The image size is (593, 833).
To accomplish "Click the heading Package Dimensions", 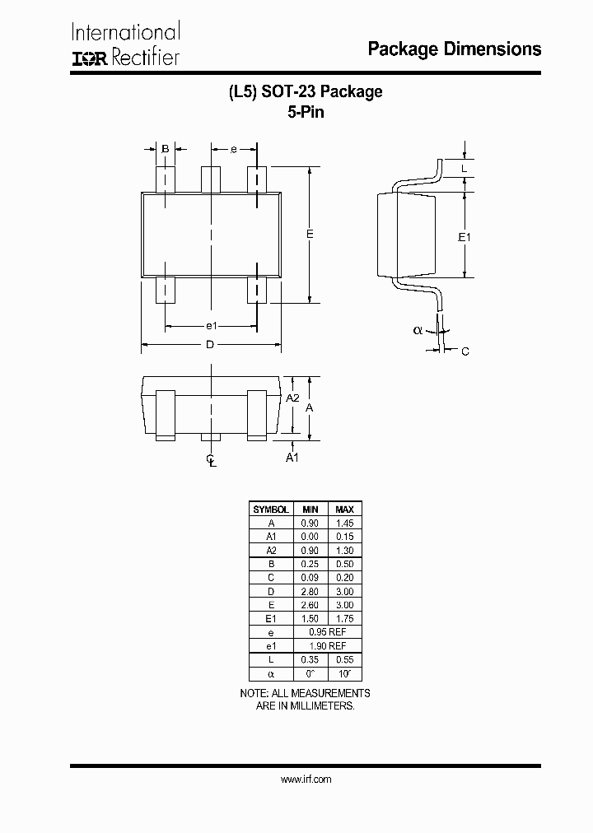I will (x=454, y=49).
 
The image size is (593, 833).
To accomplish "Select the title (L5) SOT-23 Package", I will (x=306, y=92).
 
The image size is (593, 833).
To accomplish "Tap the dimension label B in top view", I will (x=166, y=149).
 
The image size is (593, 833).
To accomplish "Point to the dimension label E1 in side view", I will (x=465, y=237).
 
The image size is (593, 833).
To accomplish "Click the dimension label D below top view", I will (x=210, y=345).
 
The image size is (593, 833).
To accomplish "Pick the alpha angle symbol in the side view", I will (x=418, y=330).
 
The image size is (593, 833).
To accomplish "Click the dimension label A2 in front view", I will (x=292, y=398).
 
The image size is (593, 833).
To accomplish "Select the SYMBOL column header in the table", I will (x=271, y=510).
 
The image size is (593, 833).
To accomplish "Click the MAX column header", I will (x=344, y=510).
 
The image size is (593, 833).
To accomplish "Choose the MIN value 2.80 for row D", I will (x=310, y=592).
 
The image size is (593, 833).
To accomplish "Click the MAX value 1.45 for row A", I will (x=344, y=523).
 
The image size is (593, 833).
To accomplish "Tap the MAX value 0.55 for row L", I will (x=344, y=660).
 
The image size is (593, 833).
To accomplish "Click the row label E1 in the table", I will (x=271, y=619).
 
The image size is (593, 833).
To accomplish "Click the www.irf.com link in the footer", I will (x=306, y=779).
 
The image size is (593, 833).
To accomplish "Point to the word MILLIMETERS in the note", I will (x=318, y=706).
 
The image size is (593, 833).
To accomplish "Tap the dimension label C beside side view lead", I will (x=465, y=351).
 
